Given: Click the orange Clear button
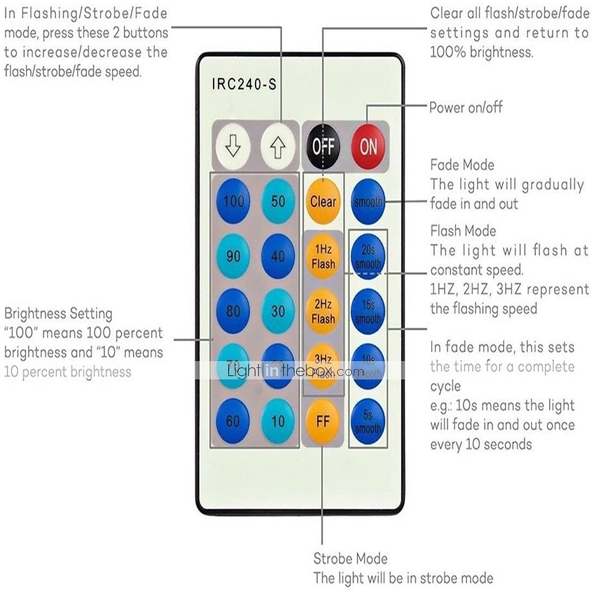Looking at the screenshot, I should pyautogui.click(x=323, y=202).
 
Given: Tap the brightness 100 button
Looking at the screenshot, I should pyautogui.click(x=233, y=202).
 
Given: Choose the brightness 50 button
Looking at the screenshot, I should pyautogui.click(x=278, y=202).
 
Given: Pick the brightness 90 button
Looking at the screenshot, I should pyautogui.click(x=233, y=256).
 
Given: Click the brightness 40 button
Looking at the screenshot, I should pyautogui.click(x=278, y=256).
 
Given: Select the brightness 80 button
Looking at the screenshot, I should pyautogui.click(x=233, y=311).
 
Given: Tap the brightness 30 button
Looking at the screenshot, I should pyautogui.click(x=278, y=311).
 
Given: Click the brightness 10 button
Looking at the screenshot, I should pyautogui.click(x=278, y=421).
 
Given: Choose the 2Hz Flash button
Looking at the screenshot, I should pyautogui.click(x=323, y=311).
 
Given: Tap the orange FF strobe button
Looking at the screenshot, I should pyautogui.click(x=323, y=421).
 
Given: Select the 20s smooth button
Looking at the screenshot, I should pyautogui.click(x=368, y=256).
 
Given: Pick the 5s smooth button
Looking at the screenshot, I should pyautogui.click(x=368, y=421).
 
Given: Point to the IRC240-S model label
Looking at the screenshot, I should pyautogui.click(x=244, y=84).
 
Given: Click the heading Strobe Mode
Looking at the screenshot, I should pyautogui.click(x=350, y=559).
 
